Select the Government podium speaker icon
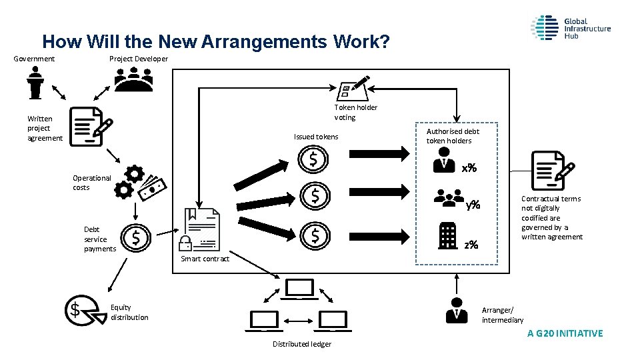(x=35, y=83)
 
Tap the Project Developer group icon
(x=133, y=79)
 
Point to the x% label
(x=469, y=168)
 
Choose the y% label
(x=473, y=204)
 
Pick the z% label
(x=471, y=245)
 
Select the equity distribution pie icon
(x=83, y=310)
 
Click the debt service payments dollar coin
(x=137, y=237)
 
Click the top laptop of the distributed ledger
(x=299, y=289)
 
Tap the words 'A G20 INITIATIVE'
(x=565, y=333)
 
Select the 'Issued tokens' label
(x=316, y=137)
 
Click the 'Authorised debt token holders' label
(x=453, y=136)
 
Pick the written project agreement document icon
(x=90, y=125)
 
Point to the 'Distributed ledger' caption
(x=302, y=344)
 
